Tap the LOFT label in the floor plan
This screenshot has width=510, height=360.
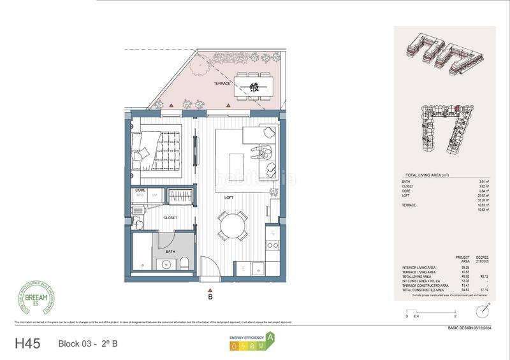[229, 198]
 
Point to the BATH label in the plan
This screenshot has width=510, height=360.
[170, 252]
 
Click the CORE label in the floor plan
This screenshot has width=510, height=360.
[140, 191]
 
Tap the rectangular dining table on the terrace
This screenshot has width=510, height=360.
[253, 85]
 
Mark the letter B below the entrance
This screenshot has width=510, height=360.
[210, 296]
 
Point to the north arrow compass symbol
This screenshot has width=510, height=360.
[484, 310]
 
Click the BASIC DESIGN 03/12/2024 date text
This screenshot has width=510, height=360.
[470, 328]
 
